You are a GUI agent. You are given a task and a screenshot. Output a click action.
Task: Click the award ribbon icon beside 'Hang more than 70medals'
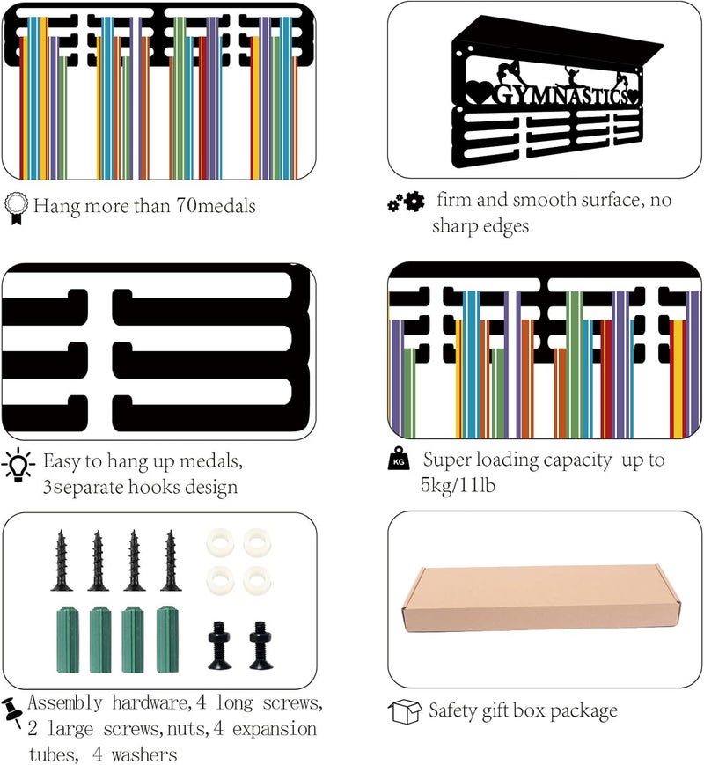tap(16, 209)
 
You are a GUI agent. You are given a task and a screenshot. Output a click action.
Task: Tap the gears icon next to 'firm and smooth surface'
tap(406, 201)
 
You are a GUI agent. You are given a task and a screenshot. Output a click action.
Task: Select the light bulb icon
tap(18, 465)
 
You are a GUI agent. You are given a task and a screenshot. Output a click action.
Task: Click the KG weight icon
tap(399, 459)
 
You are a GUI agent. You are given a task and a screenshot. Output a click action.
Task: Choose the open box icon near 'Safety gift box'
tap(405, 712)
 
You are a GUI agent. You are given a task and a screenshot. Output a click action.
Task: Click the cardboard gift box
tap(540, 600)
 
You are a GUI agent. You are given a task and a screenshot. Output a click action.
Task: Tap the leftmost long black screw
tap(62, 561)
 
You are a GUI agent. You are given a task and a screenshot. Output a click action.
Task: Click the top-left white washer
tap(219, 542)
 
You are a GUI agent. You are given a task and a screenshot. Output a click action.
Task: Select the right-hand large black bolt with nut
tap(259, 644)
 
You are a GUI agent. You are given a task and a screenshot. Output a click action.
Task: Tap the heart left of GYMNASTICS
tap(477, 93)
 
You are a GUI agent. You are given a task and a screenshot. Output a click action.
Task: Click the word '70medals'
tap(216, 206)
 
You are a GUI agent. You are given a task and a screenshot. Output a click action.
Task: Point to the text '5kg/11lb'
tap(458, 485)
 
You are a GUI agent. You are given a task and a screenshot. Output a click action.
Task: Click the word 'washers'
tap(144, 754)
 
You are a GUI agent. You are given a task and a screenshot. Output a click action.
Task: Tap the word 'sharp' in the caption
tap(455, 226)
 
